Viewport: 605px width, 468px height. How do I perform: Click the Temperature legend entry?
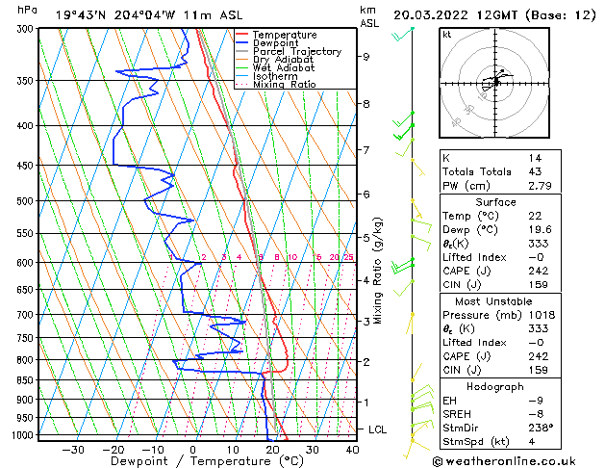click(x=286, y=35)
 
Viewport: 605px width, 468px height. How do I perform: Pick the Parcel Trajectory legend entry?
click(x=296, y=52)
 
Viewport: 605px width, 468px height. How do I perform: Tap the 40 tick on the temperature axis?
click(x=350, y=450)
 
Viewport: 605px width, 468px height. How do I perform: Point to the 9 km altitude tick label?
click(x=366, y=57)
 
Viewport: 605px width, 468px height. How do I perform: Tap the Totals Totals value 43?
click(x=534, y=171)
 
